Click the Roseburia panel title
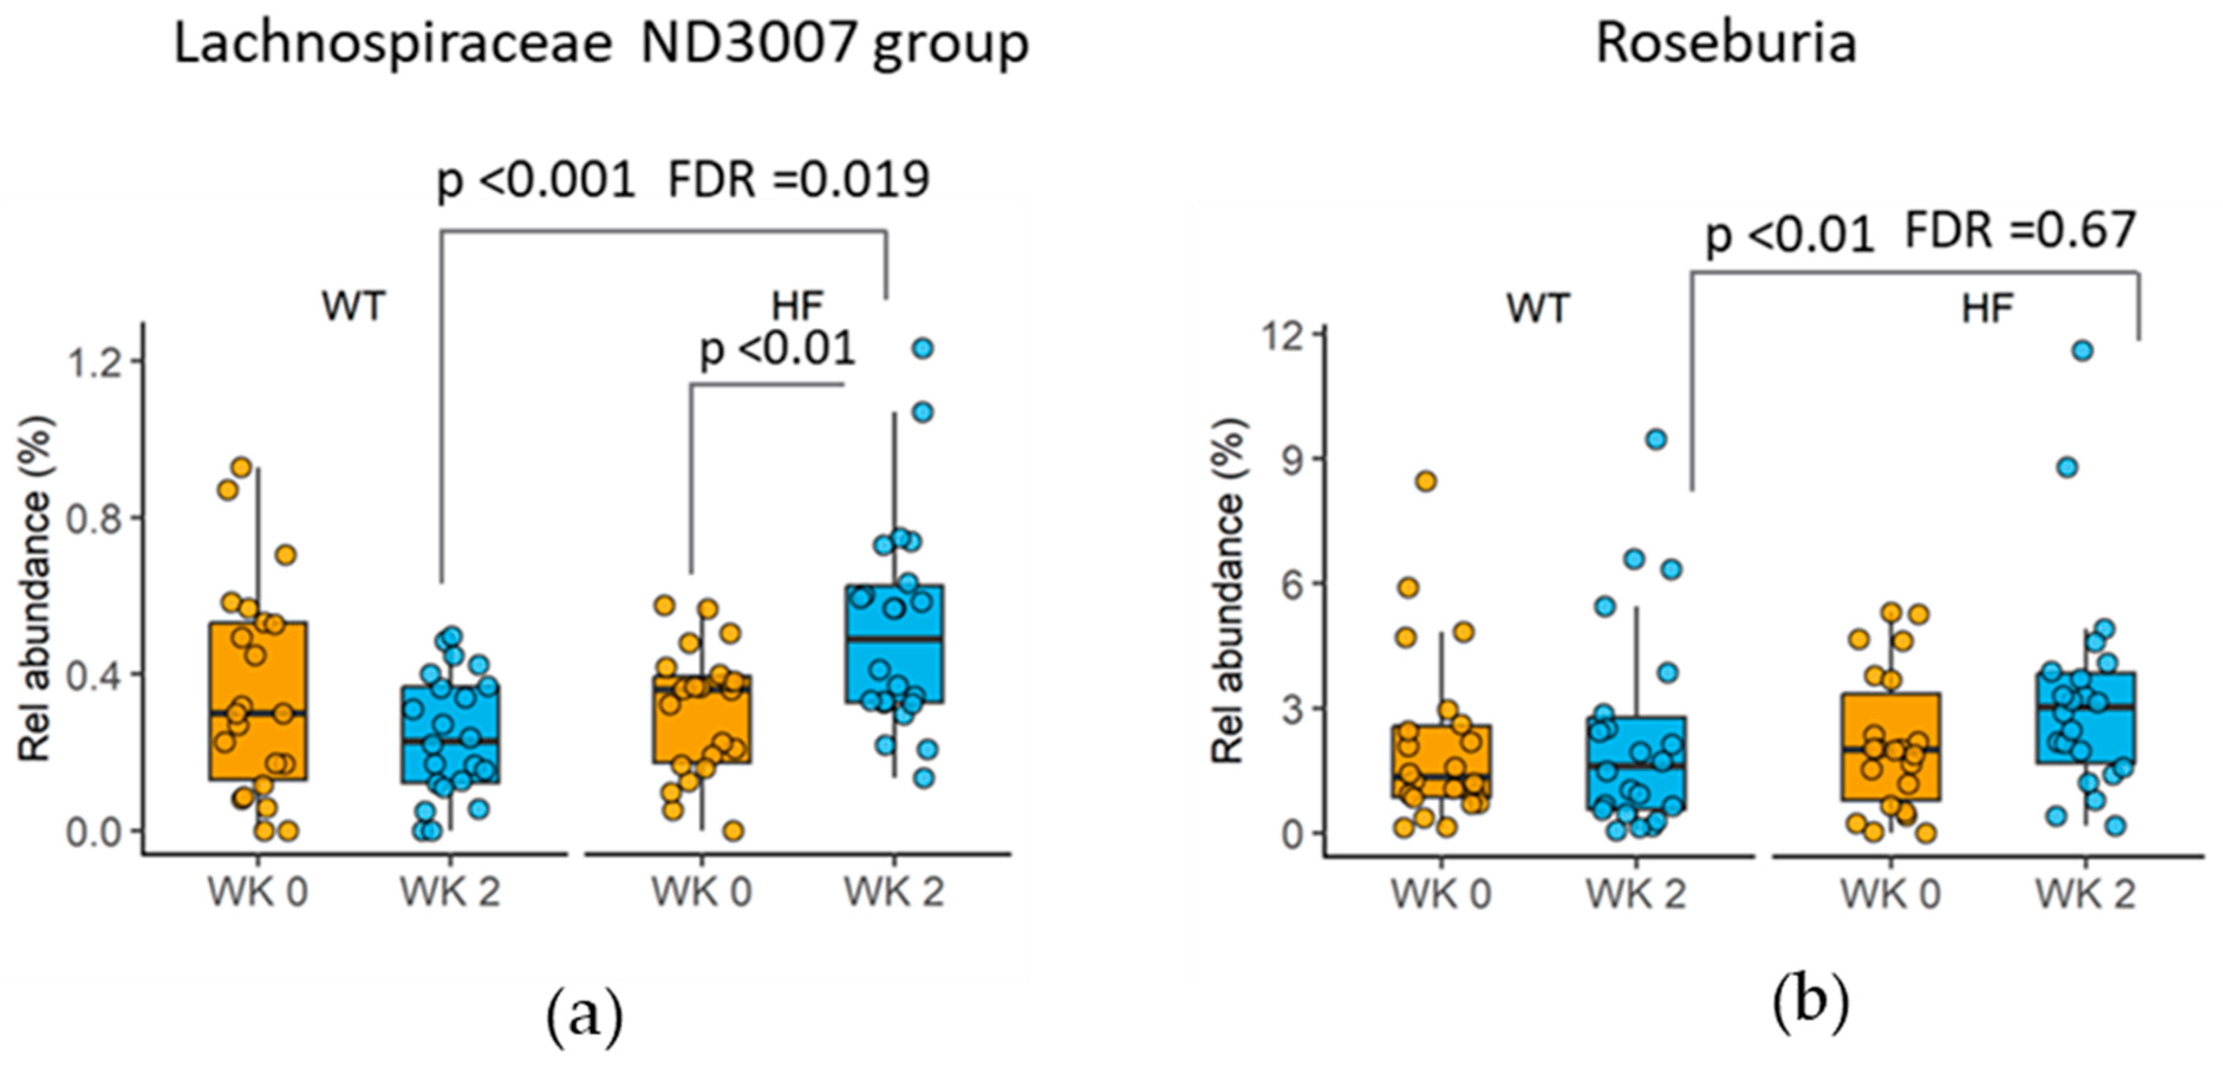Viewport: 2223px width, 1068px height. [x=1726, y=43]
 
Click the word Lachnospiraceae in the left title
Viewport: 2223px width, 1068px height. [x=393, y=45]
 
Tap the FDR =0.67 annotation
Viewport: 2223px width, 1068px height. [x=2019, y=231]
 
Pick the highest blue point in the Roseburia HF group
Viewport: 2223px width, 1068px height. [x=2082, y=350]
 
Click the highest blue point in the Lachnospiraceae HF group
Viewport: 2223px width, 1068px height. [x=923, y=349]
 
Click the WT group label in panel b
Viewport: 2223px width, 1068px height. [x=1539, y=309]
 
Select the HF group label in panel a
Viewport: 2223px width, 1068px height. [x=798, y=306]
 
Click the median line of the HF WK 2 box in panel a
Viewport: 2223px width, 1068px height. [x=894, y=639]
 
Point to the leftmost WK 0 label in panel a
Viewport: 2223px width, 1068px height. [x=257, y=892]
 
